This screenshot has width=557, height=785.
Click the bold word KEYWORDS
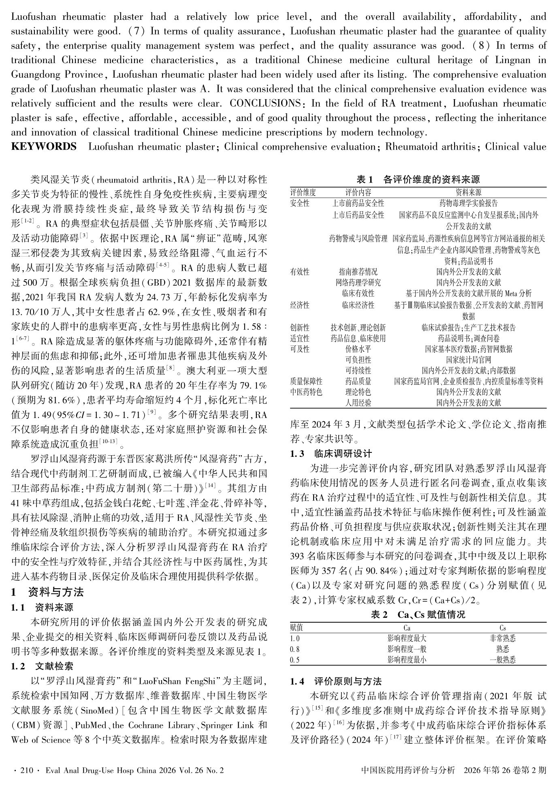pyautogui.click(x=44, y=146)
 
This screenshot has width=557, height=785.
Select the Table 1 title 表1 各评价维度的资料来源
pyautogui.click(x=418, y=180)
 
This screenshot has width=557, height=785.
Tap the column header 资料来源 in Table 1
pyautogui.click(x=468, y=192)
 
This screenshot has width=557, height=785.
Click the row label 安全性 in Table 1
pyautogui.click(x=300, y=203)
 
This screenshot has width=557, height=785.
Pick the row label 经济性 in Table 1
pyautogui.click(x=300, y=305)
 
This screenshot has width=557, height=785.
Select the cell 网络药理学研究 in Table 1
pyautogui.click(x=358, y=282)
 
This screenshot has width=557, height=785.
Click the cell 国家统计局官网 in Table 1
pyautogui.click(x=468, y=359)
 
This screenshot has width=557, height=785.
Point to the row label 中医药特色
pyautogui.click(x=306, y=392)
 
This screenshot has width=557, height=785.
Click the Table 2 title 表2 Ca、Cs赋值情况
pyautogui.click(x=418, y=615)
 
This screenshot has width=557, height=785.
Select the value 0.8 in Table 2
pyautogui.click(x=295, y=649)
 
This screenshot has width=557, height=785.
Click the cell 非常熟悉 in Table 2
pyautogui.click(x=502, y=639)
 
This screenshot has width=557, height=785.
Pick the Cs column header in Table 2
pyautogui.click(x=502, y=628)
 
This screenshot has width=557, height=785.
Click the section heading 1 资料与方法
pyautogui.click(x=47, y=592)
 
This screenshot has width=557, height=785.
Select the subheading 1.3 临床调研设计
pyautogui.click(x=331, y=454)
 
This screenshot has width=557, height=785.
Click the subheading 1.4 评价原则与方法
pyautogui.click(x=336, y=681)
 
